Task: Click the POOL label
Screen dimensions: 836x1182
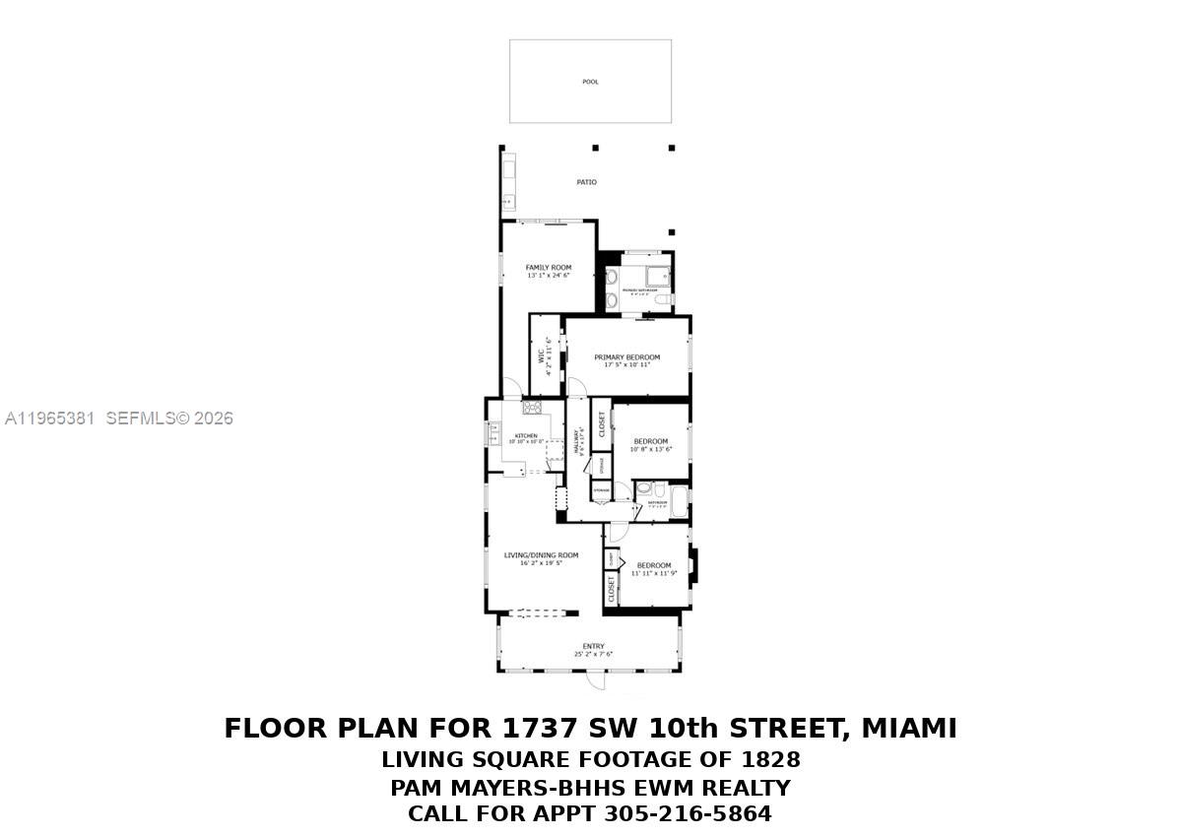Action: (590, 82)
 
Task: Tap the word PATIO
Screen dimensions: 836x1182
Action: (586, 182)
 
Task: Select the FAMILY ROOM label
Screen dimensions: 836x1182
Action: (548, 268)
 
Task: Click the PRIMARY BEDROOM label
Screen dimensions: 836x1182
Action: (626, 357)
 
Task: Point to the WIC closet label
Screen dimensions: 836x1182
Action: (541, 356)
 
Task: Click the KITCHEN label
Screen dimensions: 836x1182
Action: (525, 436)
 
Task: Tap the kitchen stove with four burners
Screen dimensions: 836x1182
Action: (532, 407)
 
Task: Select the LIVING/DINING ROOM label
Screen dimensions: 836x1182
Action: (541, 555)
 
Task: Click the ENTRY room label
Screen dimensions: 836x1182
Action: (593, 646)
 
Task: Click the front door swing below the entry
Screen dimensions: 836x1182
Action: (595, 680)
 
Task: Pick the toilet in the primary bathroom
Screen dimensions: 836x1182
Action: (663, 299)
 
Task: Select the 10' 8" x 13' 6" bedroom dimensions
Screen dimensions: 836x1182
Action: (650, 450)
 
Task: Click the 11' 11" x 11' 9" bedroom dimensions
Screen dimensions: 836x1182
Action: (653, 573)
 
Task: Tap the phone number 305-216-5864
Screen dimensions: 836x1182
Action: (688, 814)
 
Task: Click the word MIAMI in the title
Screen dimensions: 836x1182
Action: (908, 729)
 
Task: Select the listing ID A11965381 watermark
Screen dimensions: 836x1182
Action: (49, 418)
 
